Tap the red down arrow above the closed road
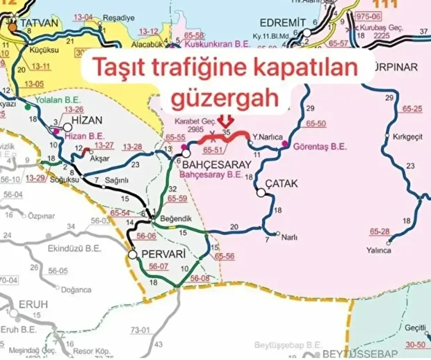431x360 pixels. tap(224, 122)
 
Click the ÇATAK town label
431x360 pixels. tap(282, 183)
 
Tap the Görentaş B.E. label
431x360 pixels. tap(320, 147)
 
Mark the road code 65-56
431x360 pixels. tap(224, 256)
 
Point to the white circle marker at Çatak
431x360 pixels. tap(261, 194)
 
